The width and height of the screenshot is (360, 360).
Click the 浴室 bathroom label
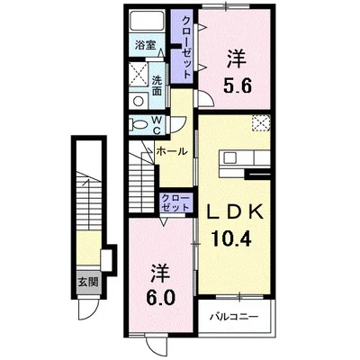coord(145,45)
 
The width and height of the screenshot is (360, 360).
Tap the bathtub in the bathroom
coord(147,22)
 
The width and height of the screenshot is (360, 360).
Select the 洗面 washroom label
coord(157,85)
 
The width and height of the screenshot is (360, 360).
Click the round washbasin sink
coord(139,101)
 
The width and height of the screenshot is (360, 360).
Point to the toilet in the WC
coord(139,124)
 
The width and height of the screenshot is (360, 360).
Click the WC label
coord(157,125)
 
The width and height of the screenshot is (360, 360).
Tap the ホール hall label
coord(172,152)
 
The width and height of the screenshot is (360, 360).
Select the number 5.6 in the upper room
coord(237,86)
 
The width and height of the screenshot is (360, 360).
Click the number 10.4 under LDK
coord(230,238)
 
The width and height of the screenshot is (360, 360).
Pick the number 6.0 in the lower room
coord(160,297)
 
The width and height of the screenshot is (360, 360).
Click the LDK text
coord(236,212)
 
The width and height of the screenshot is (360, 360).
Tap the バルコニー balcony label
coord(234,316)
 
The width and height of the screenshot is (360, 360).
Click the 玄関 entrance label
coord(88,282)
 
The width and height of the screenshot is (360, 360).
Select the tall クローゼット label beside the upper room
coord(186,48)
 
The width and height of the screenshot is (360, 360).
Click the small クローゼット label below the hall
coord(175,202)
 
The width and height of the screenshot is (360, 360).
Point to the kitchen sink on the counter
coord(230,157)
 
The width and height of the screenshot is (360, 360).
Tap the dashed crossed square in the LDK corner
coord(261,123)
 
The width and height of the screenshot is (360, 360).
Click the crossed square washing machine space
coord(139,74)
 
